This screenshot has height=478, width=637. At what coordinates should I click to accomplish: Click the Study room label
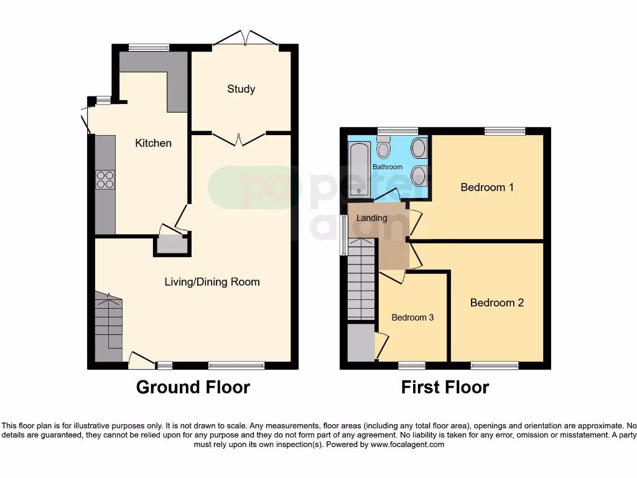point(241,89)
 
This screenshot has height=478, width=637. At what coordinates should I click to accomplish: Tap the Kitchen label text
point(153,143)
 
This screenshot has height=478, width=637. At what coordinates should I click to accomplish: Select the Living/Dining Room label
point(212,282)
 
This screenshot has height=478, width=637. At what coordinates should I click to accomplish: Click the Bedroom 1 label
point(487,187)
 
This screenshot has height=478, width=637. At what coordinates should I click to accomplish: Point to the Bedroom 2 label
point(496,302)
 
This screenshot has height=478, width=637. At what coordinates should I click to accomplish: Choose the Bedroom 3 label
point(412,317)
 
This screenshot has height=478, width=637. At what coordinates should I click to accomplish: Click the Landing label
point(372,218)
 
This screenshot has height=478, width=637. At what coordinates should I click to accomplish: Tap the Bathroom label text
point(388,167)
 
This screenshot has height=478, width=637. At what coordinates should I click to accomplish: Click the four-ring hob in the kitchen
point(105,179)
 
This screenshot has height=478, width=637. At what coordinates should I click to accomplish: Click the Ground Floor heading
point(193,387)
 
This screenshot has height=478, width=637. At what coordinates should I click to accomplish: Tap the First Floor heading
point(445,387)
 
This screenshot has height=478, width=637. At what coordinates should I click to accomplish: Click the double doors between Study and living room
point(240,138)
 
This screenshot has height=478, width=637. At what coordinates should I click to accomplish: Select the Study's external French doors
point(245,39)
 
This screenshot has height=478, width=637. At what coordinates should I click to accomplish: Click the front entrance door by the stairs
point(141,359)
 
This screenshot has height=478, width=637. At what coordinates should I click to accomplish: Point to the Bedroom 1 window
point(504,131)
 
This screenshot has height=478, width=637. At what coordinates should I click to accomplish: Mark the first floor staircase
point(361,280)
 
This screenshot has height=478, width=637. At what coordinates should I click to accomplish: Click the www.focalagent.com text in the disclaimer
point(408,444)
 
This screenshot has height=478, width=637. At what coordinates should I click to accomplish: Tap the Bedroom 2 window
point(495,365)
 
